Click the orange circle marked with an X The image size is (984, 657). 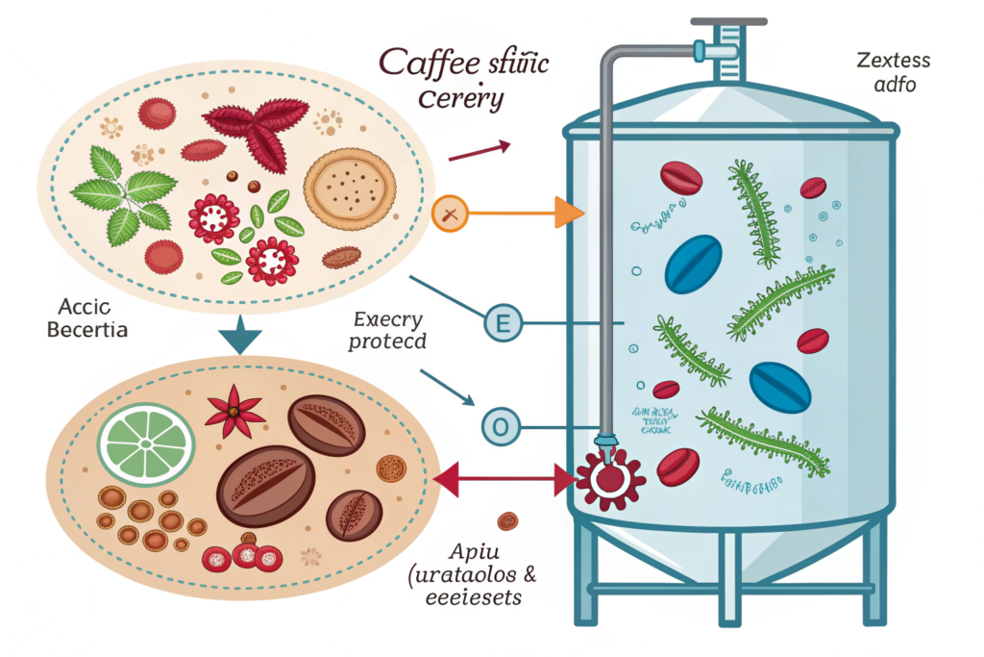450,214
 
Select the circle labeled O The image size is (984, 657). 500,424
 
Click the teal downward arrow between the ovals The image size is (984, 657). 241,340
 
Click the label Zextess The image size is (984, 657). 891,62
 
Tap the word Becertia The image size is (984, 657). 85,331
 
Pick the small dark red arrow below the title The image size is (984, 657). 479,150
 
